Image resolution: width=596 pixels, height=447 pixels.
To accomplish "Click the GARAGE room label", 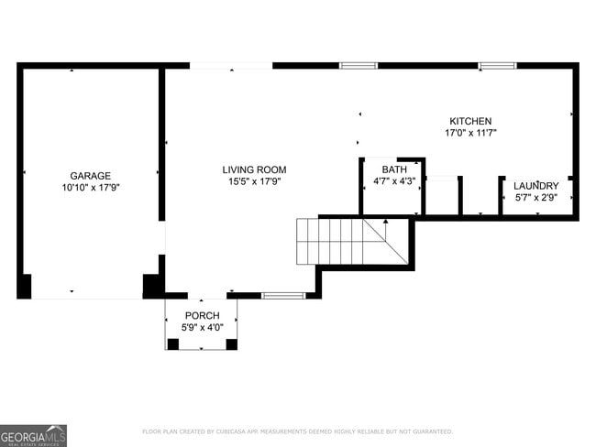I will point(91,175).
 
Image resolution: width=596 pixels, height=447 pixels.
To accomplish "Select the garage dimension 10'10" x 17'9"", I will point(91,187).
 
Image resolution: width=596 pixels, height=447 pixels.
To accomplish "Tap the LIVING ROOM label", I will point(254,169).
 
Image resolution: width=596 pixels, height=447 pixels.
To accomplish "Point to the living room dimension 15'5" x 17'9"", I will point(254,181).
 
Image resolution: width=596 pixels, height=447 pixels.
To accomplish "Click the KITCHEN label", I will point(470,121).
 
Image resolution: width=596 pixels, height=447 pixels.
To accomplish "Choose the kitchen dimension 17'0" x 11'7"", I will point(470,133).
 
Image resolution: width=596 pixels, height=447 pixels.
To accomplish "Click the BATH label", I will point(394,169).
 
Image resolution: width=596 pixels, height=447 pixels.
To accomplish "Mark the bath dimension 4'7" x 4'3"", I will point(394,181).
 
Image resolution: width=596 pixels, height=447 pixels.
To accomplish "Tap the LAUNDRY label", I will point(535,186).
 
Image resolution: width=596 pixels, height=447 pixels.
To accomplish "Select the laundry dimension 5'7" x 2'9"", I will point(535,197).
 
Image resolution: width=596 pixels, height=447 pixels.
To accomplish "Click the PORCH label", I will point(202,316).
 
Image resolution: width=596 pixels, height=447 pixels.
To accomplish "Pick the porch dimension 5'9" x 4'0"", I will point(202,327).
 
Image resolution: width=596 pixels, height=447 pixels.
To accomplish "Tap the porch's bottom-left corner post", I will point(171,344).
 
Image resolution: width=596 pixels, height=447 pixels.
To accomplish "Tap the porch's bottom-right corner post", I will point(231,344).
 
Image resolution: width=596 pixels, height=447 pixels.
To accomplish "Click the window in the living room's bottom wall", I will point(282,295).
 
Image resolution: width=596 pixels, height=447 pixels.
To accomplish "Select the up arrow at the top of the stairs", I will point(386,221).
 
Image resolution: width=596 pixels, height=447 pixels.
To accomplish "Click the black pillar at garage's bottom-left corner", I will point(25,286).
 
